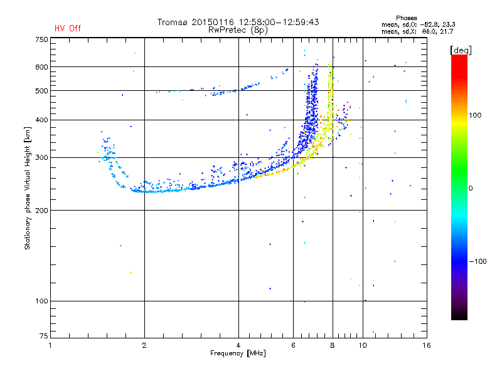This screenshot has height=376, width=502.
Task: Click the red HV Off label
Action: (x=67, y=28)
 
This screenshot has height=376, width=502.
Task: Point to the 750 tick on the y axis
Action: (x=41, y=39)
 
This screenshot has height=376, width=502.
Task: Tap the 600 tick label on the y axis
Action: (x=41, y=67)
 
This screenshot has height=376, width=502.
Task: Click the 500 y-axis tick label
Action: (x=41, y=91)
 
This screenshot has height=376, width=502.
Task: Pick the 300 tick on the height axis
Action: (x=41, y=157)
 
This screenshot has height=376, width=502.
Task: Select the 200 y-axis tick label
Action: (x=41, y=211)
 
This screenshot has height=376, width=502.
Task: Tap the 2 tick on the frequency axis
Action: (x=145, y=345)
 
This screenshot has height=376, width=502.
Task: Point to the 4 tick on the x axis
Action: (x=238, y=345)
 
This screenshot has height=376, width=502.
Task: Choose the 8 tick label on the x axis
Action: (x=333, y=345)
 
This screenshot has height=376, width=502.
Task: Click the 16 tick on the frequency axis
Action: (x=426, y=345)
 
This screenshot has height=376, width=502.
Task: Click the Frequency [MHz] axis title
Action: (x=238, y=353)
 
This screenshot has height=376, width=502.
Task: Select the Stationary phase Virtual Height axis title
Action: (x=28, y=188)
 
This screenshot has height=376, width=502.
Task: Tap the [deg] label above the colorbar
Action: (x=461, y=50)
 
